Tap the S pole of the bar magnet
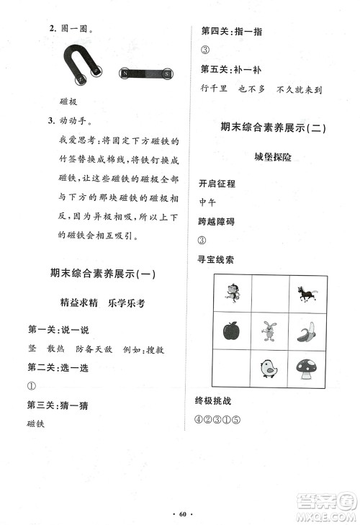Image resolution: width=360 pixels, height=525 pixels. click(166, 73)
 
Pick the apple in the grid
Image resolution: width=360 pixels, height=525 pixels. click(232, 331)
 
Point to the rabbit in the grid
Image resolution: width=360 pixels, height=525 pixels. click(269, 331)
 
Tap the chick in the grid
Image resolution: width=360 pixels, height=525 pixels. click(269, 369)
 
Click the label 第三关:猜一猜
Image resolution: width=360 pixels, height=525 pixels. click(58, 406)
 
